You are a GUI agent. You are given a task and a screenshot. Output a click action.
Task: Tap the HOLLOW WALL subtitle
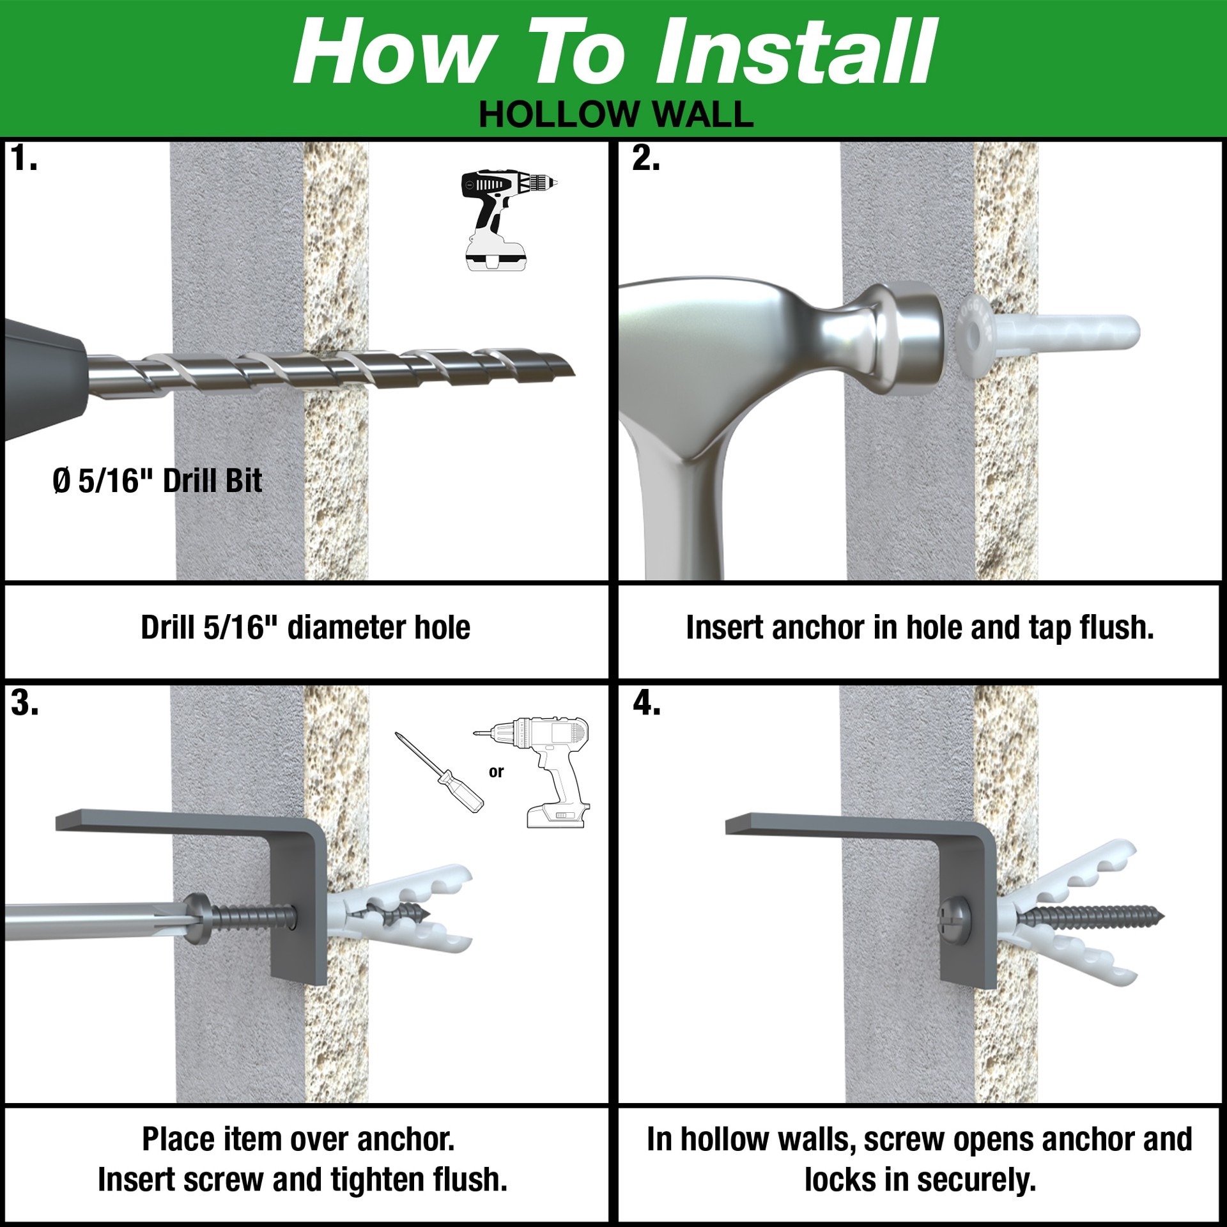pos(616,115)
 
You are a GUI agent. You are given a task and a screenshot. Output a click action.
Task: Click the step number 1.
pos(23,158)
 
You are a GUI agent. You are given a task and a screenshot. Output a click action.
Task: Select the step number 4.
pos(646,704)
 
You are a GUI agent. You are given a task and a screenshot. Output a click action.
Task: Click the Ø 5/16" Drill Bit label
pos(157,481)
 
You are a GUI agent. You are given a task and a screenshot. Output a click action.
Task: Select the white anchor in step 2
pos(1048,336)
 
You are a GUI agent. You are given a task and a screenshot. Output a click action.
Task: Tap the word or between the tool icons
pos(496,772)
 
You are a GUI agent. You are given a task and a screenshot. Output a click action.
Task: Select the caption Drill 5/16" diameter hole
pos(305,628)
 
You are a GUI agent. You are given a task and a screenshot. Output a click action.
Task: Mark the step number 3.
pos(24,704)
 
